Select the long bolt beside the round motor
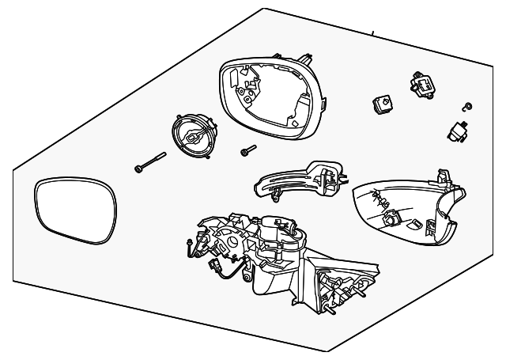point(150,161)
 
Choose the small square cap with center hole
point(381,104)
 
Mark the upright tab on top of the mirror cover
point(444,176)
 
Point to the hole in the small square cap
point(382,101)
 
